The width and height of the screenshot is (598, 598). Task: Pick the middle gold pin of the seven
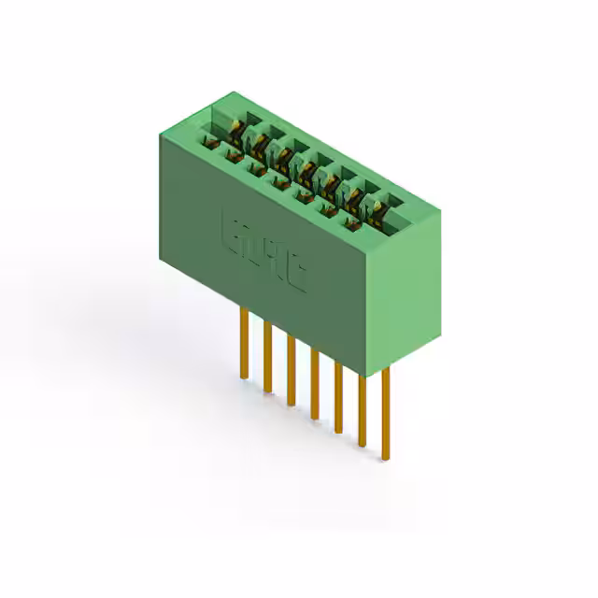[315, 384]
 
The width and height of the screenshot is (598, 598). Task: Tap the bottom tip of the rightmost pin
[385, 458]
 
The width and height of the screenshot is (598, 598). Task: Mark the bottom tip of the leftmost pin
[244, 377]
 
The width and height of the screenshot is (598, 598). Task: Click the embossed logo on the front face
[263, 252]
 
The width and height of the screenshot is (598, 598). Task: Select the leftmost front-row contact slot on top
[207, 141]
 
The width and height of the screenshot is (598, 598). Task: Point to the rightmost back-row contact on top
[378, 205]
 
